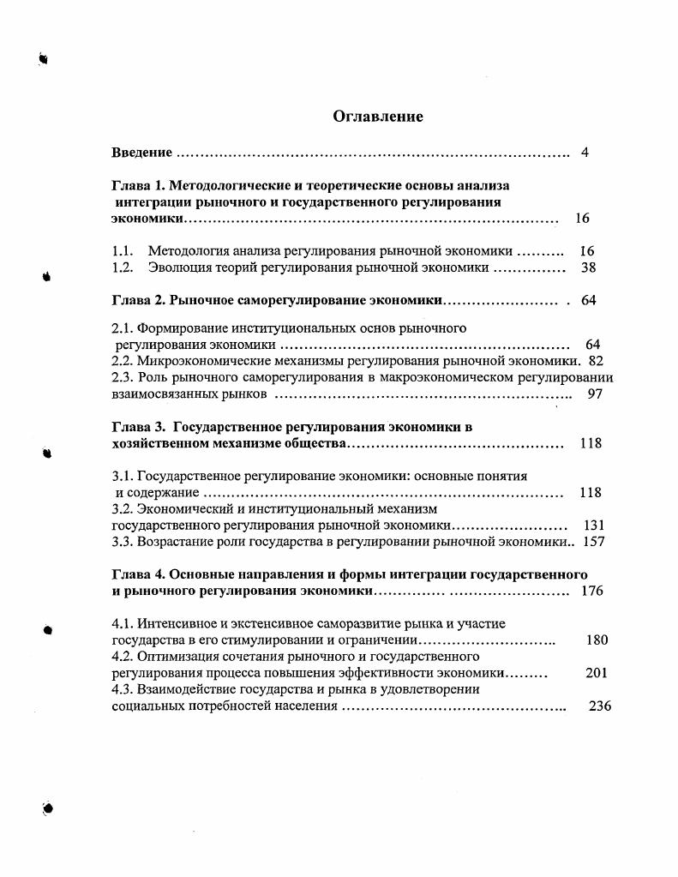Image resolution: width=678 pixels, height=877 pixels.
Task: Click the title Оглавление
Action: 378,117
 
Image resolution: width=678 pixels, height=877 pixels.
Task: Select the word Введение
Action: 142,153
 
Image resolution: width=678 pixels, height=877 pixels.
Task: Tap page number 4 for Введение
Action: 584,153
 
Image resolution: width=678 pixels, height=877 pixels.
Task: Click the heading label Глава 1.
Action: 138,185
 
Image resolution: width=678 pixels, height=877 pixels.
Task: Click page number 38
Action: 587,267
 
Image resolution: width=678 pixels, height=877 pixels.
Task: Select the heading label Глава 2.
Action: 138,300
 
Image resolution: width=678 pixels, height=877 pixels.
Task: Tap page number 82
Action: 597,361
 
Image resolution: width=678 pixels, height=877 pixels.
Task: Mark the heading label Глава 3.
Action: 138,426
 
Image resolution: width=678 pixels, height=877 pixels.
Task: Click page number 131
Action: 594,525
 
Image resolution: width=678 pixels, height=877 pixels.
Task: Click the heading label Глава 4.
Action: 138,574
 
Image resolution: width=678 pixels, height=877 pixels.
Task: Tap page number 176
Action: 593,591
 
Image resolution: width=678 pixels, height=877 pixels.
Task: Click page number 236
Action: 600,706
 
